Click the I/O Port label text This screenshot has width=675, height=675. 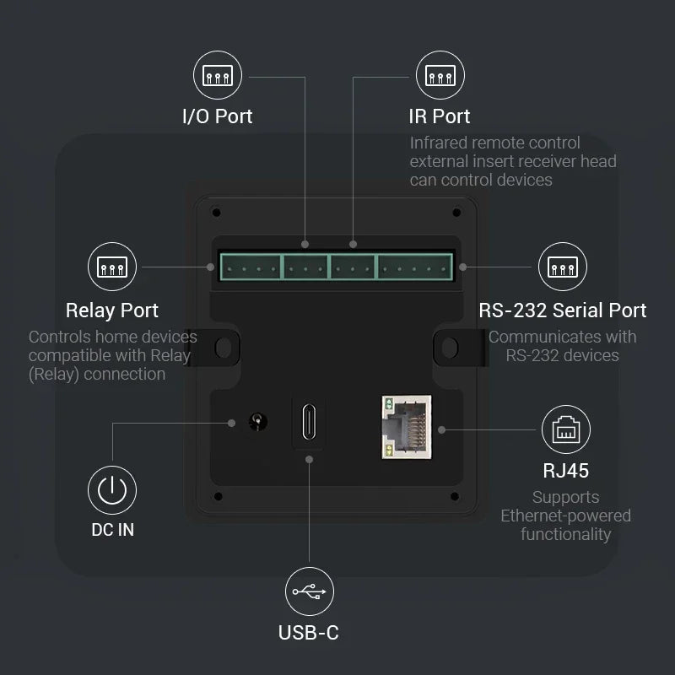[x=218, y=116]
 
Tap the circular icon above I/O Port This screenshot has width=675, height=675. [x=218, y=76]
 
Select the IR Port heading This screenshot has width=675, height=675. [x=440, y=116]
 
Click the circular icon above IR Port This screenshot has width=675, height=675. [x=440, y=76]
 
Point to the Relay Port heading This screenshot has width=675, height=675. [x=112, y=310]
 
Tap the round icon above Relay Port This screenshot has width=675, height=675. [x=112, y=267]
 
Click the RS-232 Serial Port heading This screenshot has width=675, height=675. [x=563, y=310]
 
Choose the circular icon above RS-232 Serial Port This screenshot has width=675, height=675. [x=563, y=267]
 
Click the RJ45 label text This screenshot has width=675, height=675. [x=565, y=470]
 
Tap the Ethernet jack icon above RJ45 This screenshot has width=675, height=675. [x=565, y=429]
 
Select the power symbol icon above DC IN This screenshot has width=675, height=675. [x=112, y=489]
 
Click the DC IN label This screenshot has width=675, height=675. [x=112, y=530]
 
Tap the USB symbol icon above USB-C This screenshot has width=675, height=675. [x=310, y=591]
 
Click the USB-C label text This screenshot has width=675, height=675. [x=309, y=632]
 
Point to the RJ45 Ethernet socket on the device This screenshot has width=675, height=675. [x=406, y=427]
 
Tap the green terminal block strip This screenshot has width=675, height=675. [x=336, y=267]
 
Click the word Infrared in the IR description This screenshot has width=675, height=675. [x=440, y=143]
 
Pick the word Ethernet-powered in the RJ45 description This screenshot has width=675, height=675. [x=565, y=516]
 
